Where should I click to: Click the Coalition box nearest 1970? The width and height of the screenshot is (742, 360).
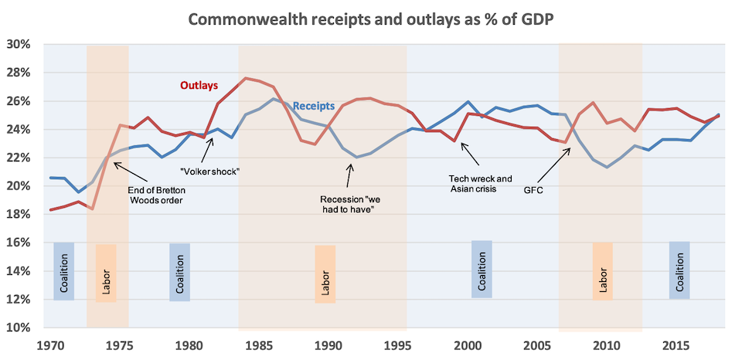(64, 271)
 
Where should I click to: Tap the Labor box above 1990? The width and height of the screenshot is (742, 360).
(325, 274)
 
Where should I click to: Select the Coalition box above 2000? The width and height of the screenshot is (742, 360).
(482, 270)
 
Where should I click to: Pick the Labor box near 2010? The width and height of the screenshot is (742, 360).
(603, 271)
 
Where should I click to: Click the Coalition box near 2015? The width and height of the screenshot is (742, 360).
(679, 270)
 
